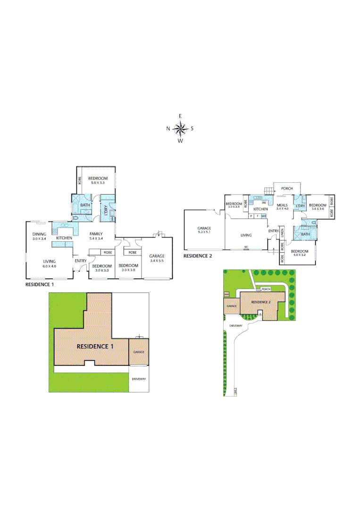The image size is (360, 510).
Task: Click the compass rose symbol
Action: coord(180,128)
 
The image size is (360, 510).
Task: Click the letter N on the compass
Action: coord(168,128)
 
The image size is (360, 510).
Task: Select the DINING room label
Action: coord(39,234)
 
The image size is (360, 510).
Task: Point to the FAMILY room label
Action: coord(96,234)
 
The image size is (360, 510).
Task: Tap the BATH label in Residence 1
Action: coord(85,205)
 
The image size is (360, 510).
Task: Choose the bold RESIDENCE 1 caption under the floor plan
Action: coord(40,285)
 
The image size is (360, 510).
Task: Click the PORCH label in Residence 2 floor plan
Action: coord(287,188)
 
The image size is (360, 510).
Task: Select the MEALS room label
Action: coord(282,204)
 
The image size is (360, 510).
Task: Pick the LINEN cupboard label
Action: coord(282,232)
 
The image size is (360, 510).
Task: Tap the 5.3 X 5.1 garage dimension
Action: coord(204,232)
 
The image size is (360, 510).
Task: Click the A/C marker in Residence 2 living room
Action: coord(246,247)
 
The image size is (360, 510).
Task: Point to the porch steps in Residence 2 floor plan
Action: coord(268,190)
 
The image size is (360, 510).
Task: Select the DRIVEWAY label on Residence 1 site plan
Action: coord(139,379)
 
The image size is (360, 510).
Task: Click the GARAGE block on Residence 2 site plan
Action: coord(231,306)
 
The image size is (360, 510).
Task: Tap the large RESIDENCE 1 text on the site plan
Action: coord(95,346)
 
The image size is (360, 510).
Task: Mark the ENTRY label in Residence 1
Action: coord(80,261)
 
